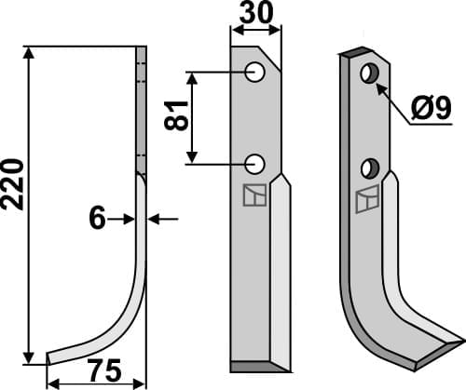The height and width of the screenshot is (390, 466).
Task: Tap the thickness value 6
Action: tap(98, 218)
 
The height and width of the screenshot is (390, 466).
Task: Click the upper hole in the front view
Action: tap(254, 72)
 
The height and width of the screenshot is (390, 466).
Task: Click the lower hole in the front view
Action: tap(254, 165)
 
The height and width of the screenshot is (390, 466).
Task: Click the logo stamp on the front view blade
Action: tap(253, 196)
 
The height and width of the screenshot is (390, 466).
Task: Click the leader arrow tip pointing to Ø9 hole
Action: tap(378, 84)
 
